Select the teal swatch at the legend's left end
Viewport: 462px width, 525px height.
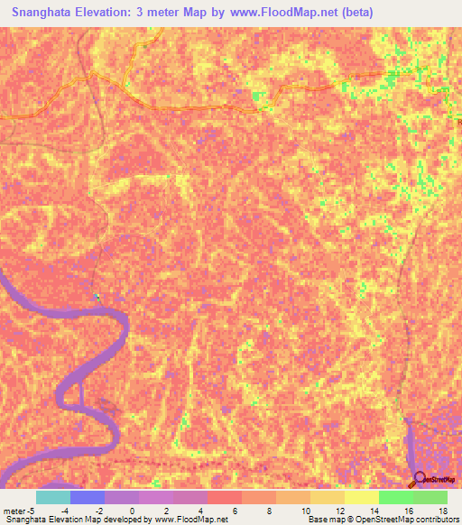pyautogui.click(x=52, y=497)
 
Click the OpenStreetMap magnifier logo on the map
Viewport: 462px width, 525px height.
pyautogui.click(x=419, y=479)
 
